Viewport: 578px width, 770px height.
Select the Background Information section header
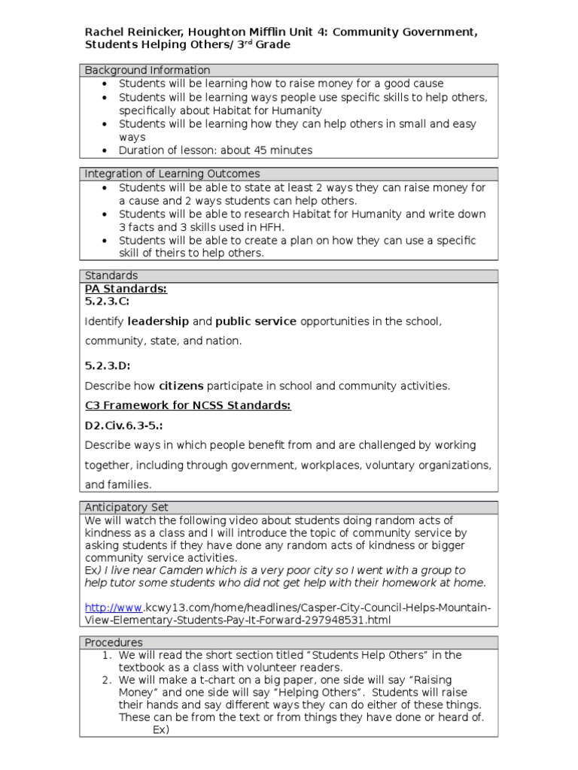[x=148, y=70]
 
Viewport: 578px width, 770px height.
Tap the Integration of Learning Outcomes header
[x=172, y=174]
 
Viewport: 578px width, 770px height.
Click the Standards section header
[x=111, y=276]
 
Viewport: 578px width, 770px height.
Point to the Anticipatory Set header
[x=126, y=508]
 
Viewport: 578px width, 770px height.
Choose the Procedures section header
[x=114, y=643]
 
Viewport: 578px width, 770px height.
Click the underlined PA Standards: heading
[x=126, y=289]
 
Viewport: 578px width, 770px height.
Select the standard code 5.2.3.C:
[x=107, y=302]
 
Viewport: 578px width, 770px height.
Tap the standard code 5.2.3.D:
[x=108, y=366]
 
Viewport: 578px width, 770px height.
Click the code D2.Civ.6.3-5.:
[x=123, y=425]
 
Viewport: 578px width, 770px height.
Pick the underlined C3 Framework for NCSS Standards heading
[x=187, y=405]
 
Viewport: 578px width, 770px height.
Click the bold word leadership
[x=158, y=321]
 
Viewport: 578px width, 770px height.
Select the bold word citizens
[x=181, y=386]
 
